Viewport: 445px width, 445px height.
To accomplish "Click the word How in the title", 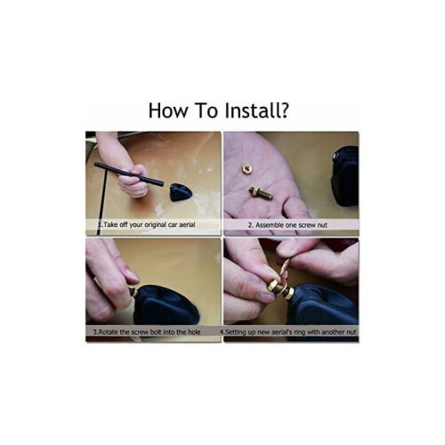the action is [168, 110].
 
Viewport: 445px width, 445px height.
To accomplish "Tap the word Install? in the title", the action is [256, 110].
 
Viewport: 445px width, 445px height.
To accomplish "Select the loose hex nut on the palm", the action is [246, 168].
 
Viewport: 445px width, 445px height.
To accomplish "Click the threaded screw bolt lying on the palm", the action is [261, 193].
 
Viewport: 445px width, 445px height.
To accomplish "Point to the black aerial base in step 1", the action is [181, 192].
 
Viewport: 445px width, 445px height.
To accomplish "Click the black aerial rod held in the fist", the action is [129, 174].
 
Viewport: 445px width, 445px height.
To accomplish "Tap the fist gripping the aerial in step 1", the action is [133, 181].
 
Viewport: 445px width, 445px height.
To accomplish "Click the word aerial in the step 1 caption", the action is [187, 224].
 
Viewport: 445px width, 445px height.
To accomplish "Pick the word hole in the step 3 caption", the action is [194, 332].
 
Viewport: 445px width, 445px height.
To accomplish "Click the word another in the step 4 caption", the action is [333, 332].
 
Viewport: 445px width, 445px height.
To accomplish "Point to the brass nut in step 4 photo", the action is [272, 287].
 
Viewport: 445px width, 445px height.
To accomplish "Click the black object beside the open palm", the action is [344, 176].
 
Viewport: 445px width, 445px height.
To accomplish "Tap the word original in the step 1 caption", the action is [155, 225].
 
